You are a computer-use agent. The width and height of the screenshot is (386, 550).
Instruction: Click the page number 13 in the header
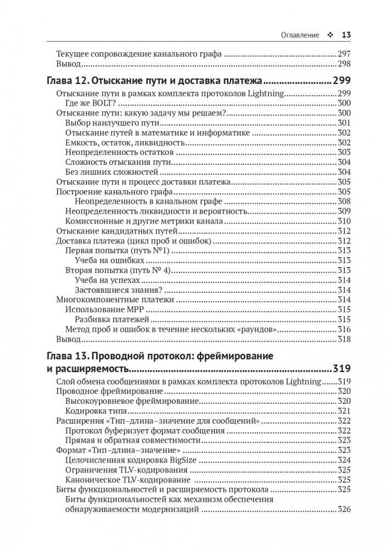346,35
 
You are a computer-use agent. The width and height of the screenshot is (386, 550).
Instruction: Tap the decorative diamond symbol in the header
330,35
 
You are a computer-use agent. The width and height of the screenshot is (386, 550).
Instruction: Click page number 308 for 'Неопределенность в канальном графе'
344,202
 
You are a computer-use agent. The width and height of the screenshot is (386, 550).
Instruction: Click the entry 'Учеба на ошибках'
110,260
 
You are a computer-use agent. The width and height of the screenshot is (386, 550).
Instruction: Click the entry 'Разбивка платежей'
113,319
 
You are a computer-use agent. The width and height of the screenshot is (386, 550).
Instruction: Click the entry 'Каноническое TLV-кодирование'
122,479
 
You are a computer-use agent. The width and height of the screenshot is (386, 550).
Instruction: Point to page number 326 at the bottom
344,509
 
